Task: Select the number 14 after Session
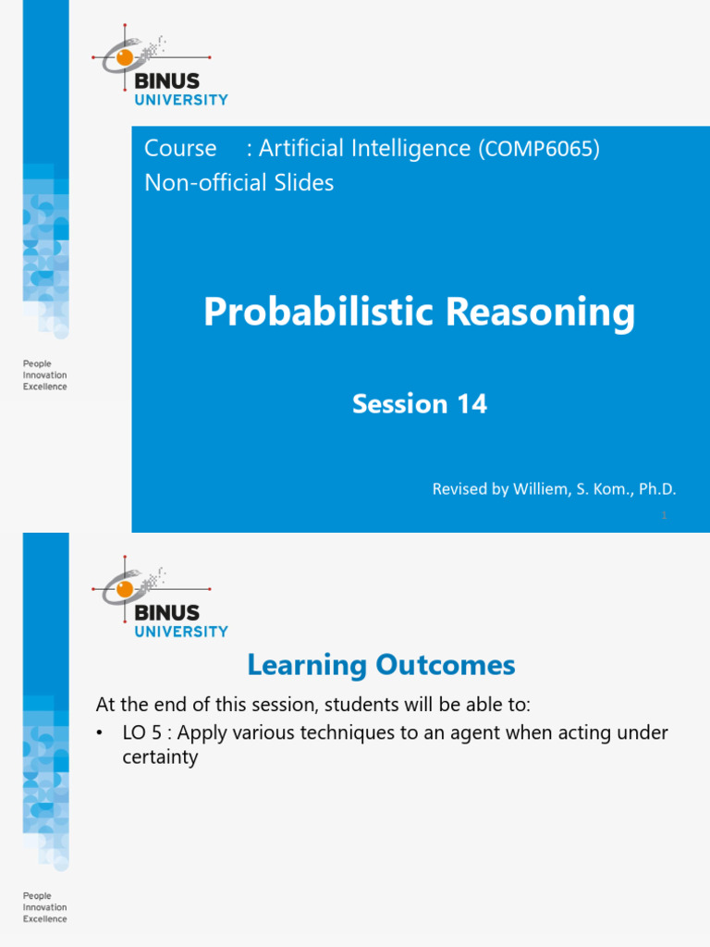471,404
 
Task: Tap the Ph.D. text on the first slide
656,489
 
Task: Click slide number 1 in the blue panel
664,516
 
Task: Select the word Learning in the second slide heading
308,665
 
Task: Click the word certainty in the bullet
160,757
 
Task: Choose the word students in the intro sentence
351,705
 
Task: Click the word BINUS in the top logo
167,80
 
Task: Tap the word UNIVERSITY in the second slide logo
181,632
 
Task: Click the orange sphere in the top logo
124,58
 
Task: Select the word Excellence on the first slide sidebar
45,387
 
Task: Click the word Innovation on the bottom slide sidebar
45,908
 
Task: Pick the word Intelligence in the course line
413,148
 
